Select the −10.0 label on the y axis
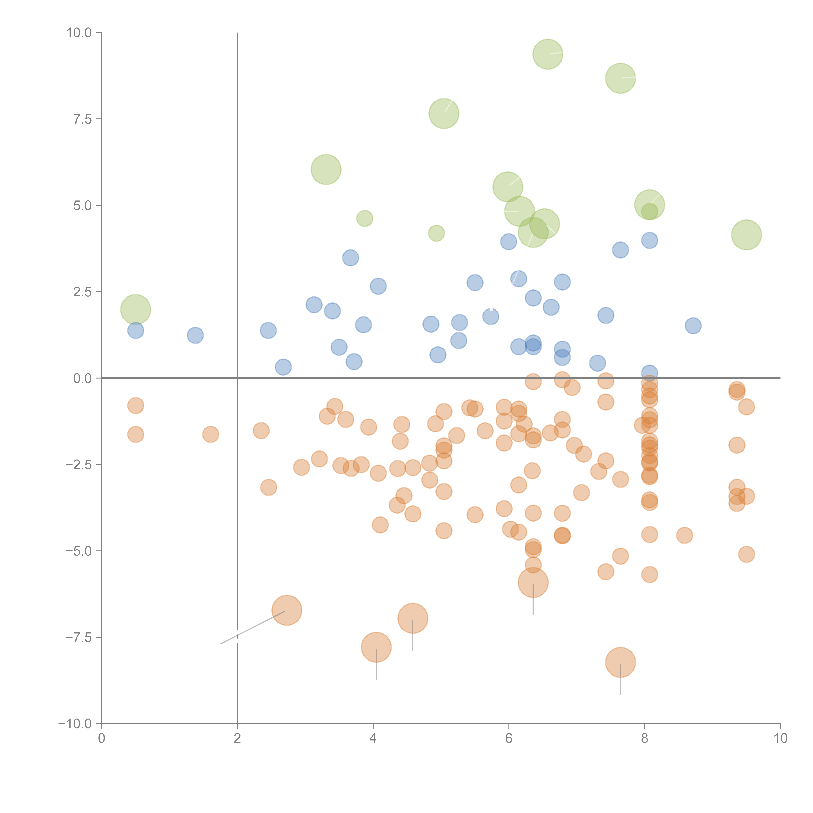pos(75,724)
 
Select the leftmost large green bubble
pos(135,309)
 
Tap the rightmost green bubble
pos(746,235)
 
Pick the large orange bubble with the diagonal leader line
pos(287,610)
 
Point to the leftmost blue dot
pos(135,330)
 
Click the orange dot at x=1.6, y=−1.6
pos(210,434)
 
